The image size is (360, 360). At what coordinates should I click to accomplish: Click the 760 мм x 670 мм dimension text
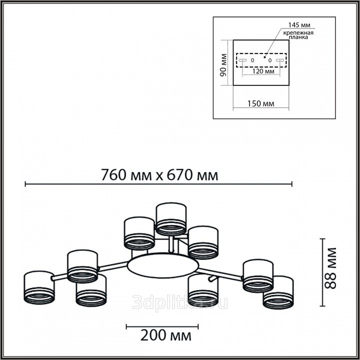[x=159, y=175]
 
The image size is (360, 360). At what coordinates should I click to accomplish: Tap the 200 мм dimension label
[x=166, y=335]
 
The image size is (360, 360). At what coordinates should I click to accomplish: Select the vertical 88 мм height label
[x=330, y=268]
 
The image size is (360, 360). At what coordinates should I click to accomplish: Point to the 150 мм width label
[x=260, y=103]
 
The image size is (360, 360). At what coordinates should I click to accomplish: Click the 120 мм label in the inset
[x=263, y=71]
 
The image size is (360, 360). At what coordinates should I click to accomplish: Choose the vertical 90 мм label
[x=223, y=64]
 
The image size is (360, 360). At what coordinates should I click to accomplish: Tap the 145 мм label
[x=299, y=25]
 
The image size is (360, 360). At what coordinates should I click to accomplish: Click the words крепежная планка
[x=298, y=35]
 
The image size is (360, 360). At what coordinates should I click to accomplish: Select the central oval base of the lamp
[x=163, y=265]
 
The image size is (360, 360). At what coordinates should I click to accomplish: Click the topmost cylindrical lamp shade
[x=171, y=219]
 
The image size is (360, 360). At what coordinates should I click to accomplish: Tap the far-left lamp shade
[x=39, y=287]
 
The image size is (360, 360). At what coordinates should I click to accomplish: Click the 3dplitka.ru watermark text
[x=180, y=302]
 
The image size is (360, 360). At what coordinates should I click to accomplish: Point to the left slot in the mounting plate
[x=242, y=60]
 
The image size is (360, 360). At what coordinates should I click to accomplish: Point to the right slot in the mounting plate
[x=280, y=60]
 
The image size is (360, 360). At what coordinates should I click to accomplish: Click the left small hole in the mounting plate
[x=252, y=60]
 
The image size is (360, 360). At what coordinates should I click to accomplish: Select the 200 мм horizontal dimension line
[x=162, y=326]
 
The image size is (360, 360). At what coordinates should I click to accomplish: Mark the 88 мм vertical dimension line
[x=322, y=272]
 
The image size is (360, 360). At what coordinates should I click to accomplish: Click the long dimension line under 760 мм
[x=158, y=184]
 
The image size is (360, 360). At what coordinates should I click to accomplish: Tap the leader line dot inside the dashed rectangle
[x=265, y=56]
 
